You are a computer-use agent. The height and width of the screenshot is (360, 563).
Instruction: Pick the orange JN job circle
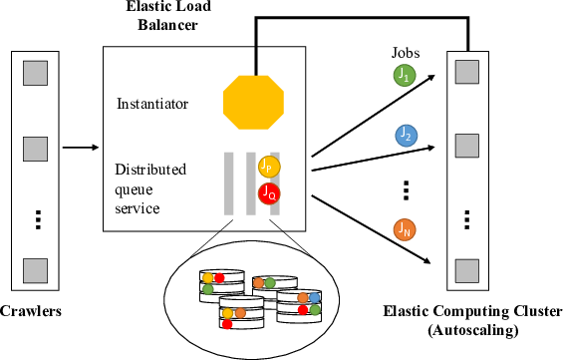pos(404,230)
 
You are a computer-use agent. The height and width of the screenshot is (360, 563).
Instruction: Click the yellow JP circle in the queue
pos(267,167)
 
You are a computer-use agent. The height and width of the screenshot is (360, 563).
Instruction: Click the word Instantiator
pos(149,102)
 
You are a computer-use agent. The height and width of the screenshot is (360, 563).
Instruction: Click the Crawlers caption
pos(31,311)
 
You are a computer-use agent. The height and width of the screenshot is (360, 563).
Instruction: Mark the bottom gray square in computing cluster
pos(463,269)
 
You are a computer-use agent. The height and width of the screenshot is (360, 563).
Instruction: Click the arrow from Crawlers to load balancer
pos(80,150)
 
